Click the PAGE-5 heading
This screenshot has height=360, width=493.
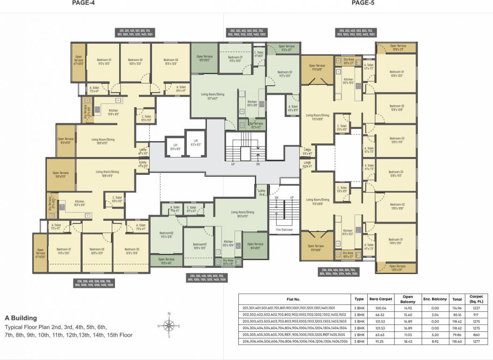[363, 3]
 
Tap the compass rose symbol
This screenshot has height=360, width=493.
[170, 325]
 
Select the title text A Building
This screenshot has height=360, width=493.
[21, 318]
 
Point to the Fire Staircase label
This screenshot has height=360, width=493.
[284, 230]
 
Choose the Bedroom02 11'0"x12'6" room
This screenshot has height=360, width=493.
[166, 234]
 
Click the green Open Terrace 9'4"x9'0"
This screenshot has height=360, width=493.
[255, 246]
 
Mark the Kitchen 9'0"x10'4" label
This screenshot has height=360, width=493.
[228, 243]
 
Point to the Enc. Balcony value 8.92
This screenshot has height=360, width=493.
[430, 342]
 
